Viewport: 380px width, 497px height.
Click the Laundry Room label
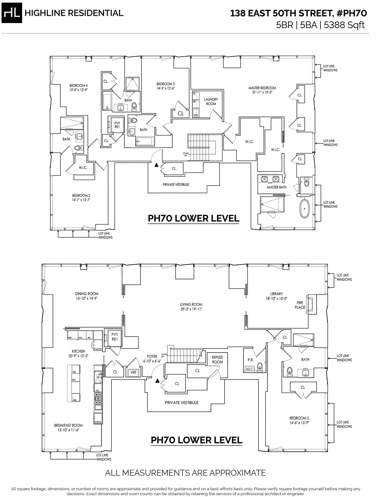pos(211,101)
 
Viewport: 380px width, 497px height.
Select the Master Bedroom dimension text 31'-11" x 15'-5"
pos(262,93)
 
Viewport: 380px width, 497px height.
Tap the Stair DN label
pos(186,154)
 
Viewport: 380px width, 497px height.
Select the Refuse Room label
pos(218,360)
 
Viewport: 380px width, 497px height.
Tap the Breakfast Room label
pos(68,425)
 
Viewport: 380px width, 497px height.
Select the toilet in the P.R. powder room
pos(260,366)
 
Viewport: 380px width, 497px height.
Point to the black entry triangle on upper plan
pos(156,165)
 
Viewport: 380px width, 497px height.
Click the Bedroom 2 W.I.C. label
pos(83,168)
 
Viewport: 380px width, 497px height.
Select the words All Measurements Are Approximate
pos(185,473)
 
